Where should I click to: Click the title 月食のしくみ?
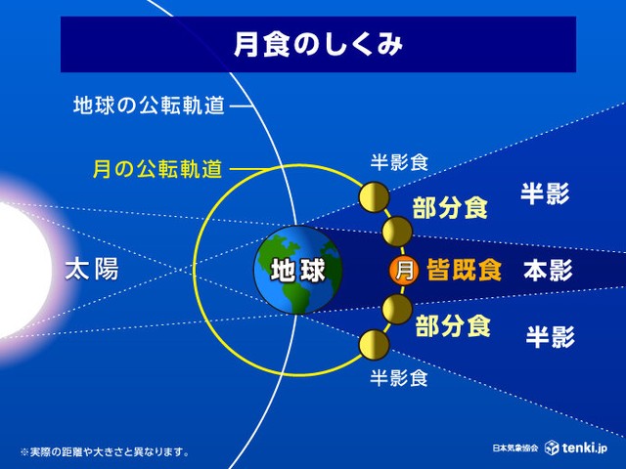318,44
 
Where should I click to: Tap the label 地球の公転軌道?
149,106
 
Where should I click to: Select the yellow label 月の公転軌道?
157,169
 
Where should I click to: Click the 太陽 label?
92,269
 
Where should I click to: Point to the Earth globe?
298,270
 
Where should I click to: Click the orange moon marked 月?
404,271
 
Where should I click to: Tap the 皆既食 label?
464,270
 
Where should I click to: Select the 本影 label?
548,270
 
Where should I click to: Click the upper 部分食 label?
450,208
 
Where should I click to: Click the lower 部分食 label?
453,325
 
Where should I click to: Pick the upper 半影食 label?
399,162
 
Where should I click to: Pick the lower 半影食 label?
399,377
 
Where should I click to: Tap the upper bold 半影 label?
545,194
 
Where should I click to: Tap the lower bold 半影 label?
550,336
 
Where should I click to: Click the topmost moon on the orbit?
374,197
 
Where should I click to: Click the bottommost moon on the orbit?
374,345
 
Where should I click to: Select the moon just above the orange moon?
397,232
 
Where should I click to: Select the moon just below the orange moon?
397,310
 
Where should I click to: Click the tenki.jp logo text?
585,448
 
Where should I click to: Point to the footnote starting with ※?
105,452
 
